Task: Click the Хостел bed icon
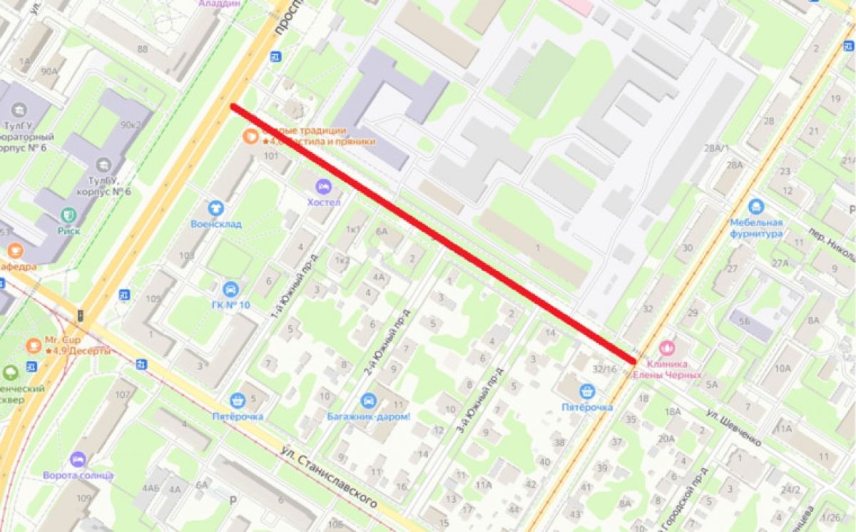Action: point(323,187)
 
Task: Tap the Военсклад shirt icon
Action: point(215,208)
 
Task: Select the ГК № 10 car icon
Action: point(230,290)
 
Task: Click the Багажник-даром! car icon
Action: point(368,400)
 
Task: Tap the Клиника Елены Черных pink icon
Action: point(667,348)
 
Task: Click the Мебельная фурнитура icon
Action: point(756,208)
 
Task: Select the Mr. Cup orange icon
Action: point(33,345)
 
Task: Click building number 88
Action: point(143,48)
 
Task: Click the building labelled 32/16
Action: point(604,369)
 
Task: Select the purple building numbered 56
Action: point(745,321)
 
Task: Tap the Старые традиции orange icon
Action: point(250,136)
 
